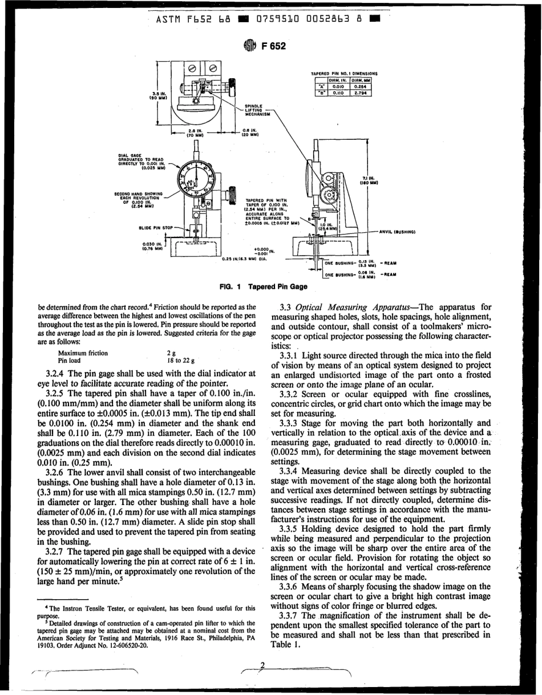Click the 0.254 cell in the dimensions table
click(361, 87)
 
